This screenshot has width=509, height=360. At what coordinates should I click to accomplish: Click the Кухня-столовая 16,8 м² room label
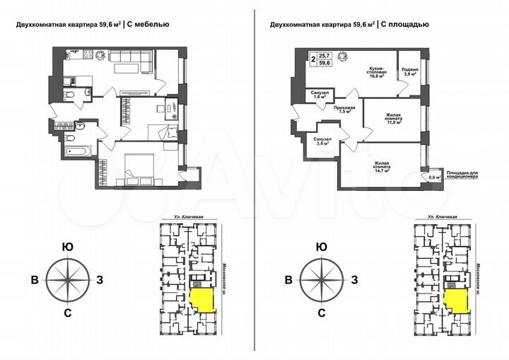[x=375, y=73]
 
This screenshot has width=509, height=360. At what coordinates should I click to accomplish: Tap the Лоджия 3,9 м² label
[x=410, y=73]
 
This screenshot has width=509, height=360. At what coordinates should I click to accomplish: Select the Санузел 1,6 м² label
[x=319, y=96]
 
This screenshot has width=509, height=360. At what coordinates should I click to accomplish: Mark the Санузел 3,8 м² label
[x=322, y=141]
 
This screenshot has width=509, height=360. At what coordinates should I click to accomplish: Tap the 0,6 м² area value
[x=434, y=178]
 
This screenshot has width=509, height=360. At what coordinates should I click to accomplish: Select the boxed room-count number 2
[x=312, y=60]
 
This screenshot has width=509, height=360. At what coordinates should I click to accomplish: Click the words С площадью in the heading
[x=404, y=25]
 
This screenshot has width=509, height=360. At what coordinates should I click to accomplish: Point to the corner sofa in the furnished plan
[x=134, y=66]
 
